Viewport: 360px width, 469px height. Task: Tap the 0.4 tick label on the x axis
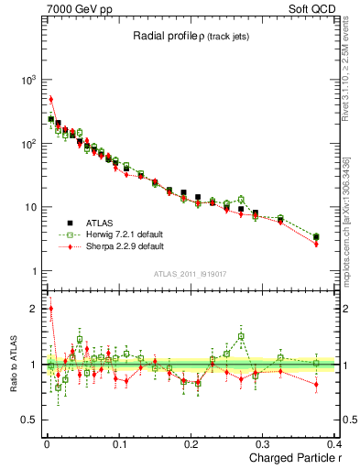tap(337, 447)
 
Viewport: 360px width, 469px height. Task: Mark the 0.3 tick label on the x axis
tap(265, 447)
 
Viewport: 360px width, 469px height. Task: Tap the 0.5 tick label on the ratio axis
tap(29, 420)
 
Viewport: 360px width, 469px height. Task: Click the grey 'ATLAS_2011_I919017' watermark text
tap(191, 275)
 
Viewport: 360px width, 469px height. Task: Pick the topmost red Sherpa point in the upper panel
tap(51, 99)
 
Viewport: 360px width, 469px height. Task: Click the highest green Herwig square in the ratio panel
tap(241, 336)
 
